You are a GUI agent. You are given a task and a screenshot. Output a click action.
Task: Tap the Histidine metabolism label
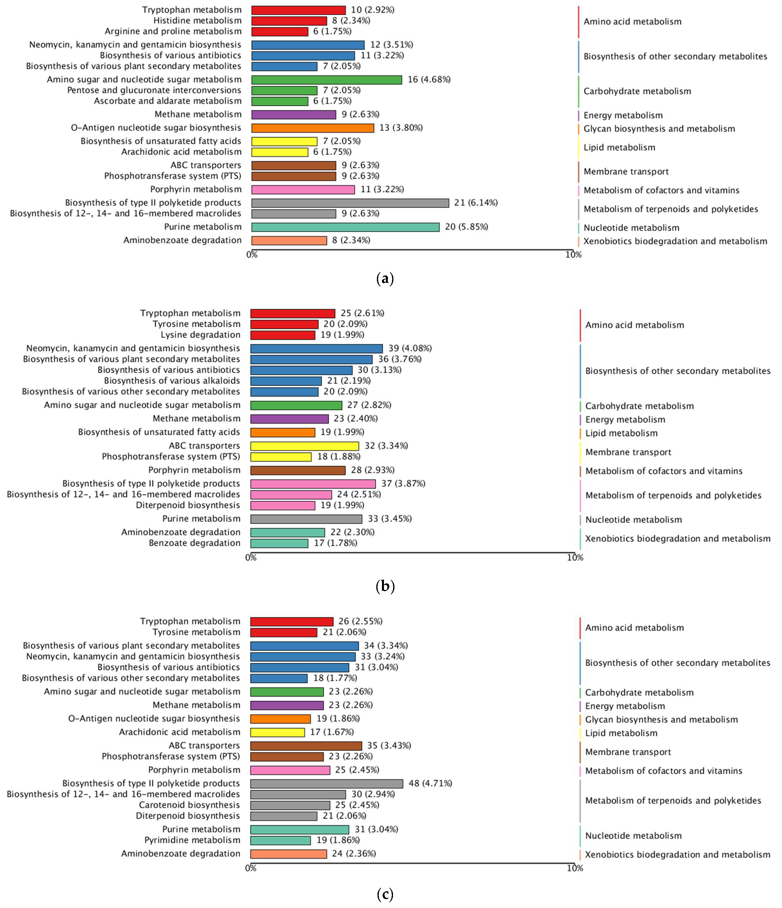tap(197, 21)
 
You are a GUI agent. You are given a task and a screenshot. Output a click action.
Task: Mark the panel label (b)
tap(385, 587)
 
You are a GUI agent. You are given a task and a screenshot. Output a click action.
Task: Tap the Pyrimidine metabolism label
tap(192, 840)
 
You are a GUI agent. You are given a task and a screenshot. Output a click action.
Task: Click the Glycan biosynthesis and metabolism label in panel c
tap(661, 720)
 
